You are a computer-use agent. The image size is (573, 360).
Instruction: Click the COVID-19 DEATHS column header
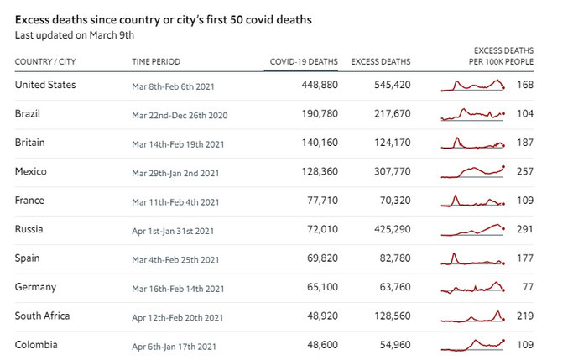[x=304, y=61]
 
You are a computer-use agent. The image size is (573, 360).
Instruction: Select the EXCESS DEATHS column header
[x=380, y=61]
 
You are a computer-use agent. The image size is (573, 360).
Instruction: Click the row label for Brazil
[x=28, y=113]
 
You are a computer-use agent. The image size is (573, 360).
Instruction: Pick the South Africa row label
[x=43, y=316]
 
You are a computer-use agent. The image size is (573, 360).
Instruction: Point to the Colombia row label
[x=36, y=345]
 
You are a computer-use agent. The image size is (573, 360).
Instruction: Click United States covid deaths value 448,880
[x=320, y=85]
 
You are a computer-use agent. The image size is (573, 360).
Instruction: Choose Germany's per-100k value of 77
[x=527, y=287]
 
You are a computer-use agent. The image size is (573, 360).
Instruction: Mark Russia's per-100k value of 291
[x=525, y=229]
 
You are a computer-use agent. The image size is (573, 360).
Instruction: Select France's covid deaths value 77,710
[x=322, y=201]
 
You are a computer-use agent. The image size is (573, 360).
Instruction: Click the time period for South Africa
[x=178, y=317]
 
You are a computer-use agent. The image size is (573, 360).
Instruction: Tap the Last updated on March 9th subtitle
[x=75, y=35]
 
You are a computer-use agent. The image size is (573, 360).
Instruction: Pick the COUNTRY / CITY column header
[x=47, y=61]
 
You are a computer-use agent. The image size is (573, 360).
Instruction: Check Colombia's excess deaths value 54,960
[x=393, y=345]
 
